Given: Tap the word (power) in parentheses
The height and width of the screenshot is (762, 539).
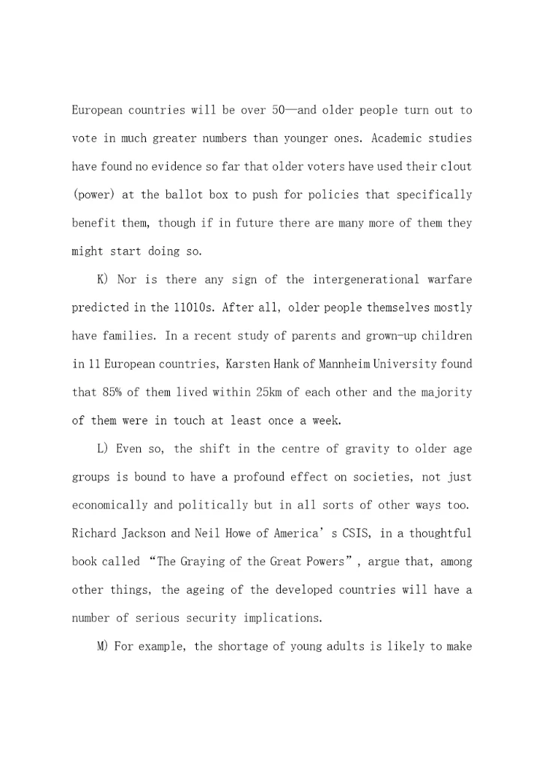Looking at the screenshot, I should [x=91, y=195].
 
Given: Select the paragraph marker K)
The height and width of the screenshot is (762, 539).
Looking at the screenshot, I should [x=103, y=279].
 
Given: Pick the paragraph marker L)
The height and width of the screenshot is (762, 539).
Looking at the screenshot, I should [x=103, y=449].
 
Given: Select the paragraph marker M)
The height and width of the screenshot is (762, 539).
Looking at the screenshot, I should [x=103, y=646].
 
